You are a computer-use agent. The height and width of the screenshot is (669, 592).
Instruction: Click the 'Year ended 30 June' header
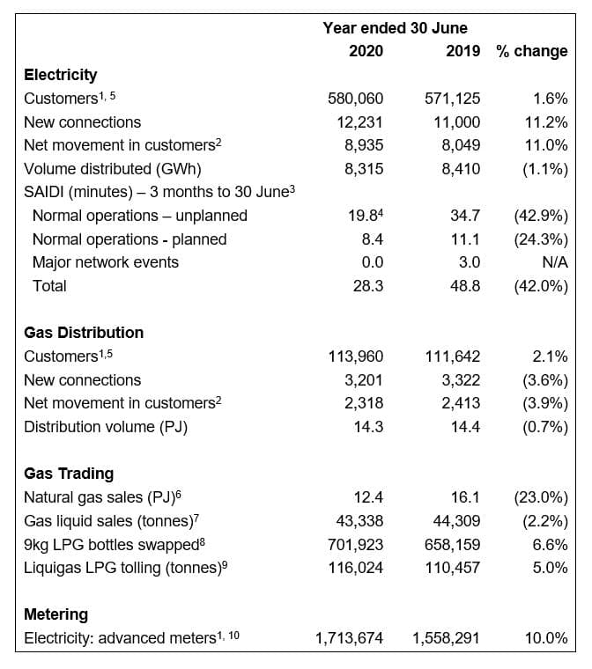point(396,28)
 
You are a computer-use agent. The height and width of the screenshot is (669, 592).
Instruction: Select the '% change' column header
point(532,51)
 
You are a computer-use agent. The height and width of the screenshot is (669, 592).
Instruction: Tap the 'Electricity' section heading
point(60,75)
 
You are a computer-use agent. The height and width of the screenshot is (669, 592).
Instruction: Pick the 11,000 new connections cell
point(457,122)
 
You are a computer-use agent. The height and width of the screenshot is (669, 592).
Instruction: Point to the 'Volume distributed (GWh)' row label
point(113,169)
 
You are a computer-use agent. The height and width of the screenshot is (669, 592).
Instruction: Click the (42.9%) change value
point(541,216)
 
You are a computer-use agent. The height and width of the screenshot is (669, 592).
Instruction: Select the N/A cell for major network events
point(555,262)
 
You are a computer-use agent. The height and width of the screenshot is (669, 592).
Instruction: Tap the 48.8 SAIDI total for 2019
point(466,286)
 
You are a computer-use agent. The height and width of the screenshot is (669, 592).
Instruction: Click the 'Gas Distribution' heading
point(84,333)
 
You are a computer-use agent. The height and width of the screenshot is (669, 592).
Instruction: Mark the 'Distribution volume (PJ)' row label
point(106,427)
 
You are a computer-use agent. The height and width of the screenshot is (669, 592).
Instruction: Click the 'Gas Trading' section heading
point(69,474)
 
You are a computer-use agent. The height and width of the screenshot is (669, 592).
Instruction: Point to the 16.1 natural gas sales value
point(466,497)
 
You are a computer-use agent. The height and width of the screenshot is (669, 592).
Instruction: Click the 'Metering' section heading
point(56,614)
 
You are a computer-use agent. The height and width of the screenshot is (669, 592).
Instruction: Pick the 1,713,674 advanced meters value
point(349,638)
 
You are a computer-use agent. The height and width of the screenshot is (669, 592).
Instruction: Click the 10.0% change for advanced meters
point(546,638)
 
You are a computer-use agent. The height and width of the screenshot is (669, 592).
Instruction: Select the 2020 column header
point(366,51)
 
